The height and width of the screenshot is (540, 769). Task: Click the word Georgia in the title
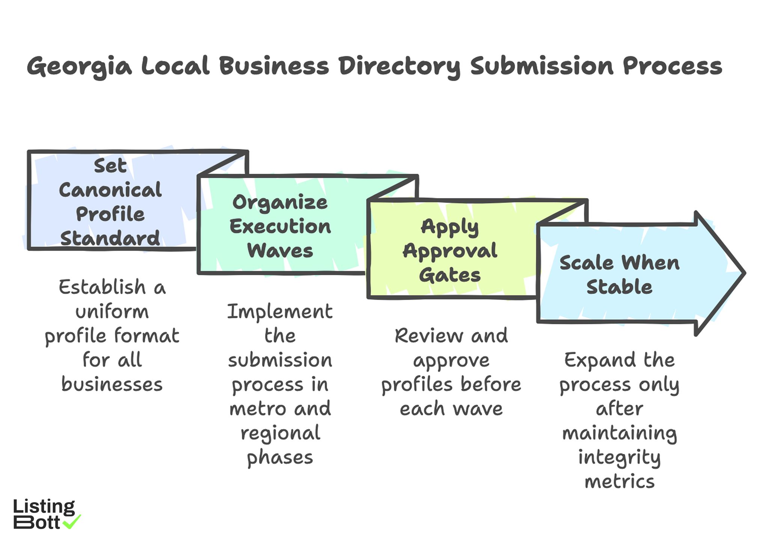click(79, 67)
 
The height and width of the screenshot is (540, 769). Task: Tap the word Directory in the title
click(399, 67)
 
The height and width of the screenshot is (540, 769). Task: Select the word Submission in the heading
click(542, 66)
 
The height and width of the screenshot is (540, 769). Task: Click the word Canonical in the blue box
click(110, 190)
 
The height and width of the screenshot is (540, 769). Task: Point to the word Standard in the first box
click(110, 238)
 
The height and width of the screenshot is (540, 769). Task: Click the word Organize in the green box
click(280, 203)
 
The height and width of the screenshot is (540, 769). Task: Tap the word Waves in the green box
click(280, 251)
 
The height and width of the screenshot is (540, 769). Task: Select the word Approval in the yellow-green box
click(450, 251)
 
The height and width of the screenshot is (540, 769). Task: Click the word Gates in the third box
click(450, 275)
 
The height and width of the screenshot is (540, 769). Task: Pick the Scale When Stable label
click(619, 274)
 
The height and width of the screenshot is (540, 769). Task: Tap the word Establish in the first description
click(102, 287)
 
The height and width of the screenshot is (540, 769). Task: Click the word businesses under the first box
click(112, 384)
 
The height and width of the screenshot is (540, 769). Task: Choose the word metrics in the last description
click(619, 482)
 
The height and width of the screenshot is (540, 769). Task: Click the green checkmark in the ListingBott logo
click(71, 522)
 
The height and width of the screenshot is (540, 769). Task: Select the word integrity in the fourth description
click(619, 458)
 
